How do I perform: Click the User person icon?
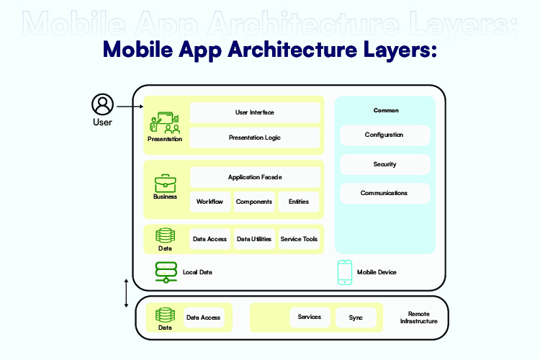coord(102,104)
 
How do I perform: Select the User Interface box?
coord(254,112)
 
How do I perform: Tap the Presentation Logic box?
coord(254,138)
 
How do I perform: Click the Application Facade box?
coord(254,177)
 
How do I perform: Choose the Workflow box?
coord(210,202)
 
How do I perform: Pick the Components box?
coord(254,202)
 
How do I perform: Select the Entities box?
coord(298,202)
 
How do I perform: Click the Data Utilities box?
coord(254,239)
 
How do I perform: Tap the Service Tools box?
coord(299,239)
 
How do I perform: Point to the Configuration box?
coord(384,135)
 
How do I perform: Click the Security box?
coord(384,164)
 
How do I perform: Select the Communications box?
coord(384,193)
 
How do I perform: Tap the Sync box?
coord(356,318)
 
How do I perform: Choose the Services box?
coord(310,318)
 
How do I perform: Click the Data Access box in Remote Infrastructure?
coord(203,318)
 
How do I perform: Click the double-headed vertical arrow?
coord(127,292)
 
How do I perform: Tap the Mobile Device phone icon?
coord(345,272)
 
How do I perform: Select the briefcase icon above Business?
coord(166,183)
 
